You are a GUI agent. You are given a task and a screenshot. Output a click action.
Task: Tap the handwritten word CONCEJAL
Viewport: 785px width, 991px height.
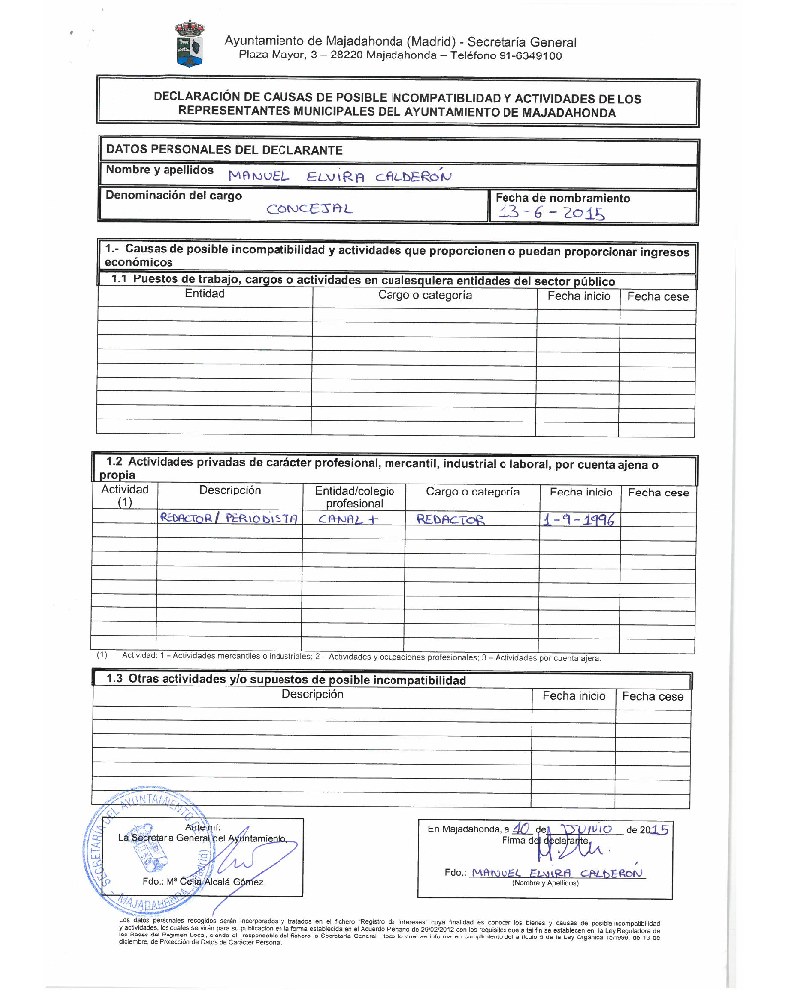(309, 209)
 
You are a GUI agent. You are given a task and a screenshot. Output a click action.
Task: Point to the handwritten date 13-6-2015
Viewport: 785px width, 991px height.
(551, 213)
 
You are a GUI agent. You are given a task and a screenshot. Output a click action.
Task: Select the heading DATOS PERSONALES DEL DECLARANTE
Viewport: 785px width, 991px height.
(224, 150)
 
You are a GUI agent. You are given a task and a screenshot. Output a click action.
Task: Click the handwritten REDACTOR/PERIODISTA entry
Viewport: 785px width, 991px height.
(229, 518)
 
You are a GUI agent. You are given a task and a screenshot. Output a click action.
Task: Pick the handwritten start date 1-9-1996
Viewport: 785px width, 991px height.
(580, 519)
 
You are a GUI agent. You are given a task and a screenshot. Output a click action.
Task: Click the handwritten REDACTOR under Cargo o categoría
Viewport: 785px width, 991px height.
(451, 520)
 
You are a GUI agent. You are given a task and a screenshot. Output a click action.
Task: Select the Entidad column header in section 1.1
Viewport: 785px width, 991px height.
(205, 294)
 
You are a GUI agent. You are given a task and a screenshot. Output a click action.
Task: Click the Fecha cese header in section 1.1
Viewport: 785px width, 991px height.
(657, 296)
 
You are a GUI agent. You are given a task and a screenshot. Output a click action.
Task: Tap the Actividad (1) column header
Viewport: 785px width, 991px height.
(125, 495)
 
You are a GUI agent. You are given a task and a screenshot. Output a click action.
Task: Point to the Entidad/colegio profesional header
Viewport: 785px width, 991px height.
(355, 497)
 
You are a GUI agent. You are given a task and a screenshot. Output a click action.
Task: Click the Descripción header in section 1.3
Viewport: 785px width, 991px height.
(312, 695)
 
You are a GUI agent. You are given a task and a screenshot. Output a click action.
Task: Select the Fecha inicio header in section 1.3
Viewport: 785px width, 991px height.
(574, 696)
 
